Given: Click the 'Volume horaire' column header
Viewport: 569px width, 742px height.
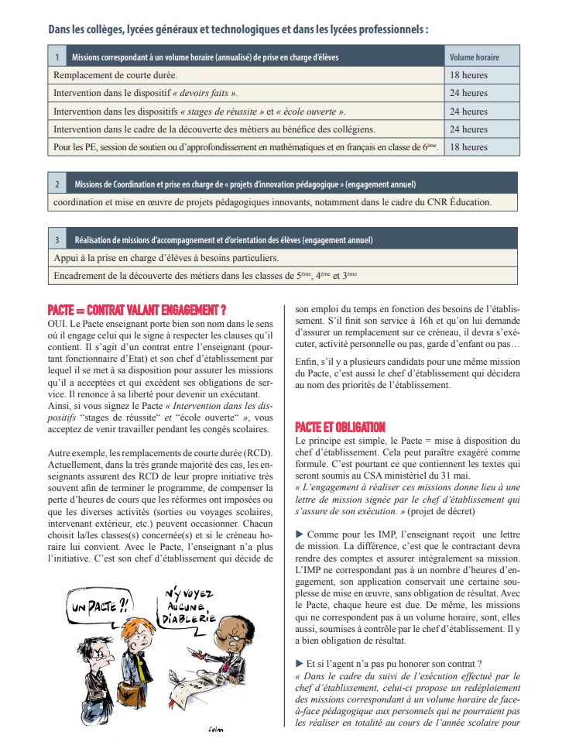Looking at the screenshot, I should pyautogui.click(x=474, y=57).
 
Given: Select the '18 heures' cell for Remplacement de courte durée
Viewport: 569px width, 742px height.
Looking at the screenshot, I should pyautogui.click(x=468, y=75).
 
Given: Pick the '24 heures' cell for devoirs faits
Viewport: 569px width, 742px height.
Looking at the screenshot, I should pyautogui.click(x=468, y=93).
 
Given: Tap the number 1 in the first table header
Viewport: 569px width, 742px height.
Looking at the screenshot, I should pyautogui.click(x=57, y=57).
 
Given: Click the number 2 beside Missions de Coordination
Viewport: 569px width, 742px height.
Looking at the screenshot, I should pyautogui.click(x=57, y=184).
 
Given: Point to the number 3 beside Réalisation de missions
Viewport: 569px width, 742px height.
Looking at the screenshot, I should pyautogui.click(x=57, y=240).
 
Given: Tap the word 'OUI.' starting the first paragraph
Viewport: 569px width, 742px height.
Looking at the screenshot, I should pyautogui.click(x=59, y=322).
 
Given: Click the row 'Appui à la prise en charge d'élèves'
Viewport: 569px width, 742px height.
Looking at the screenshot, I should pyautogui.click(x=166, y=257).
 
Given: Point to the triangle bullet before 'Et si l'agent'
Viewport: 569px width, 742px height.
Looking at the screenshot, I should pyautogui.click(x=300, y=663).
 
